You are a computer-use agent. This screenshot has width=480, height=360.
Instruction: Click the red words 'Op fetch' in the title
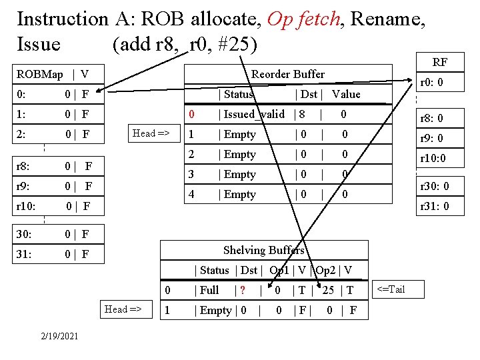pos(303,19)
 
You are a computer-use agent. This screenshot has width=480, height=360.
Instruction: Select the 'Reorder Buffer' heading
pos(287,74)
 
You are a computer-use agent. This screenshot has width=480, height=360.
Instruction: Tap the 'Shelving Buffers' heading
pos(263,250)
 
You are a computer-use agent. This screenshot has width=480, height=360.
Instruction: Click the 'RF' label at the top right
pos(440,63)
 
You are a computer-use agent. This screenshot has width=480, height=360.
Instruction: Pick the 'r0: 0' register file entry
pos(431,84)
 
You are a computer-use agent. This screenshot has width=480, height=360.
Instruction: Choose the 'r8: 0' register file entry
pos(431,119)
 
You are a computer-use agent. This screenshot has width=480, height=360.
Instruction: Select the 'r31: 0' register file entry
pos(434,206)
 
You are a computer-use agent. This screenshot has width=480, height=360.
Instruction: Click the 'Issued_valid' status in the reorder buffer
pos(255,114)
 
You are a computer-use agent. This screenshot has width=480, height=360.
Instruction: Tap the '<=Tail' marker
pos(391,289)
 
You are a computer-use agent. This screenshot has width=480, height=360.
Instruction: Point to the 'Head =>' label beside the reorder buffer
pos(152,133)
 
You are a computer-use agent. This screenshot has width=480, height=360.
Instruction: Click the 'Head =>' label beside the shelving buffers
pos(123,309)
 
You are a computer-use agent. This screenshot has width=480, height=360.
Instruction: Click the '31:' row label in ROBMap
pos(24,254)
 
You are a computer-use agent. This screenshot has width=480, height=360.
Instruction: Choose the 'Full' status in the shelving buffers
pos(209,290)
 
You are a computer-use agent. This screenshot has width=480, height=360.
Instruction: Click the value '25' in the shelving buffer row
pos(328,290)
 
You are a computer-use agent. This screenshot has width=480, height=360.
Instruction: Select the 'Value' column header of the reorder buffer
pos(345,94)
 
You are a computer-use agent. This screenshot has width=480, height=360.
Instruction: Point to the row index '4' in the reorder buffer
pos(191,194)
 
